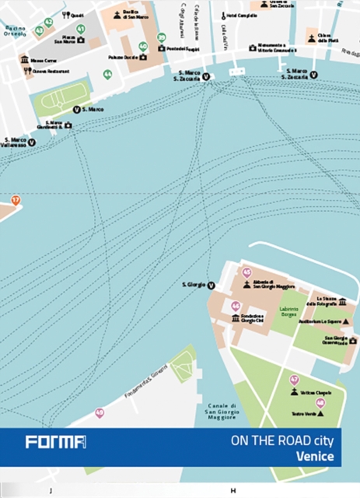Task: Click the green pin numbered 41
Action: [x=81, y=29]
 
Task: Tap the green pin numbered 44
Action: [x=107, y=75]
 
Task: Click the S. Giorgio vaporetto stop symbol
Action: [x=211, y=286]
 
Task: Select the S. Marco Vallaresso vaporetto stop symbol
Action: [x=32, y=142]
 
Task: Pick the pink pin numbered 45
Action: [x=247, y=272]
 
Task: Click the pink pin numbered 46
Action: [x=236, y=307]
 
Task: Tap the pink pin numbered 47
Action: [x=294, y=380]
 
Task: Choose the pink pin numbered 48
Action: [x=320, y=402]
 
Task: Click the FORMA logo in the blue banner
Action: [x=54, y=442]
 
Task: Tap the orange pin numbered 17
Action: [x=15, y=200]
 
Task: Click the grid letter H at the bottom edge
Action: [x=232, y=491]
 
